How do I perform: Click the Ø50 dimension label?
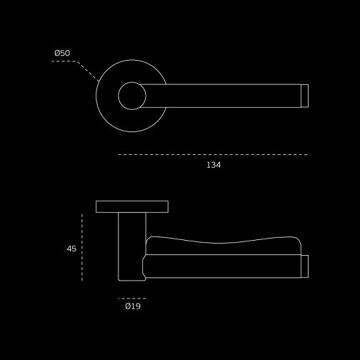(x=62, y=53)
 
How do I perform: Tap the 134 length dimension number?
(x=214, y=165)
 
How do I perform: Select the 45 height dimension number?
(x=71, y=249)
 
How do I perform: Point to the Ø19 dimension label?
(x=133, y=306)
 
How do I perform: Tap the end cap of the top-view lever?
(x=304, y=96)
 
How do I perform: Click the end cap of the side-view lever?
(x=305, y=266)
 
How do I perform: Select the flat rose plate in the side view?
(x=132, y=206)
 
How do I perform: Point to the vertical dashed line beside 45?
(x=82, y=247)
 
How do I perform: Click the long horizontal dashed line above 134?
(x=213, y=155)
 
